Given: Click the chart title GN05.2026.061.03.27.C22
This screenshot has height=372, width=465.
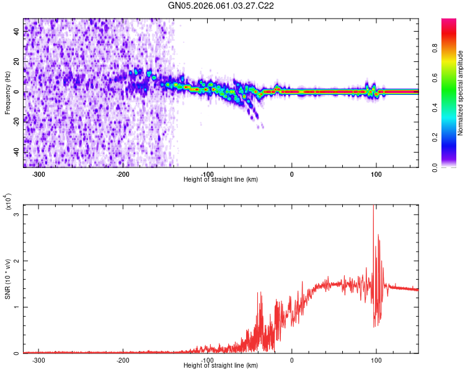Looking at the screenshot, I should [221, 6].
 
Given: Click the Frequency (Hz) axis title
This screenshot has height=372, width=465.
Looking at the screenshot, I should [7, 93].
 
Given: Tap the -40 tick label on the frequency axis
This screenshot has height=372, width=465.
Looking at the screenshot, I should [16, 152].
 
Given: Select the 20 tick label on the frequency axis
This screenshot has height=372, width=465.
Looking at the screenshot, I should [17, 62].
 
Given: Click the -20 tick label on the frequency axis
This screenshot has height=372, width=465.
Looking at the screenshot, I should [16, 122].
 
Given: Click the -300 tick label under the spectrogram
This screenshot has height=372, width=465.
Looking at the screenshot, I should [38, 174].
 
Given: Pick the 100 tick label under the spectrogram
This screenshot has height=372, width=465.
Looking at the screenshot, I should [376, 174].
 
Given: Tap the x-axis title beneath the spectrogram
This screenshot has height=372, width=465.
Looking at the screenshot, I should [221, 180].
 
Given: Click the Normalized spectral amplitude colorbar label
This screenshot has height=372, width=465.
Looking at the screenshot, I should [461, 93].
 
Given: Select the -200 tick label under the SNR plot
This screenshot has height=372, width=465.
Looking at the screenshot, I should [123, 360].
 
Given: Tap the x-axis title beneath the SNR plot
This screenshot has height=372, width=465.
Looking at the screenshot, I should [221, 366].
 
